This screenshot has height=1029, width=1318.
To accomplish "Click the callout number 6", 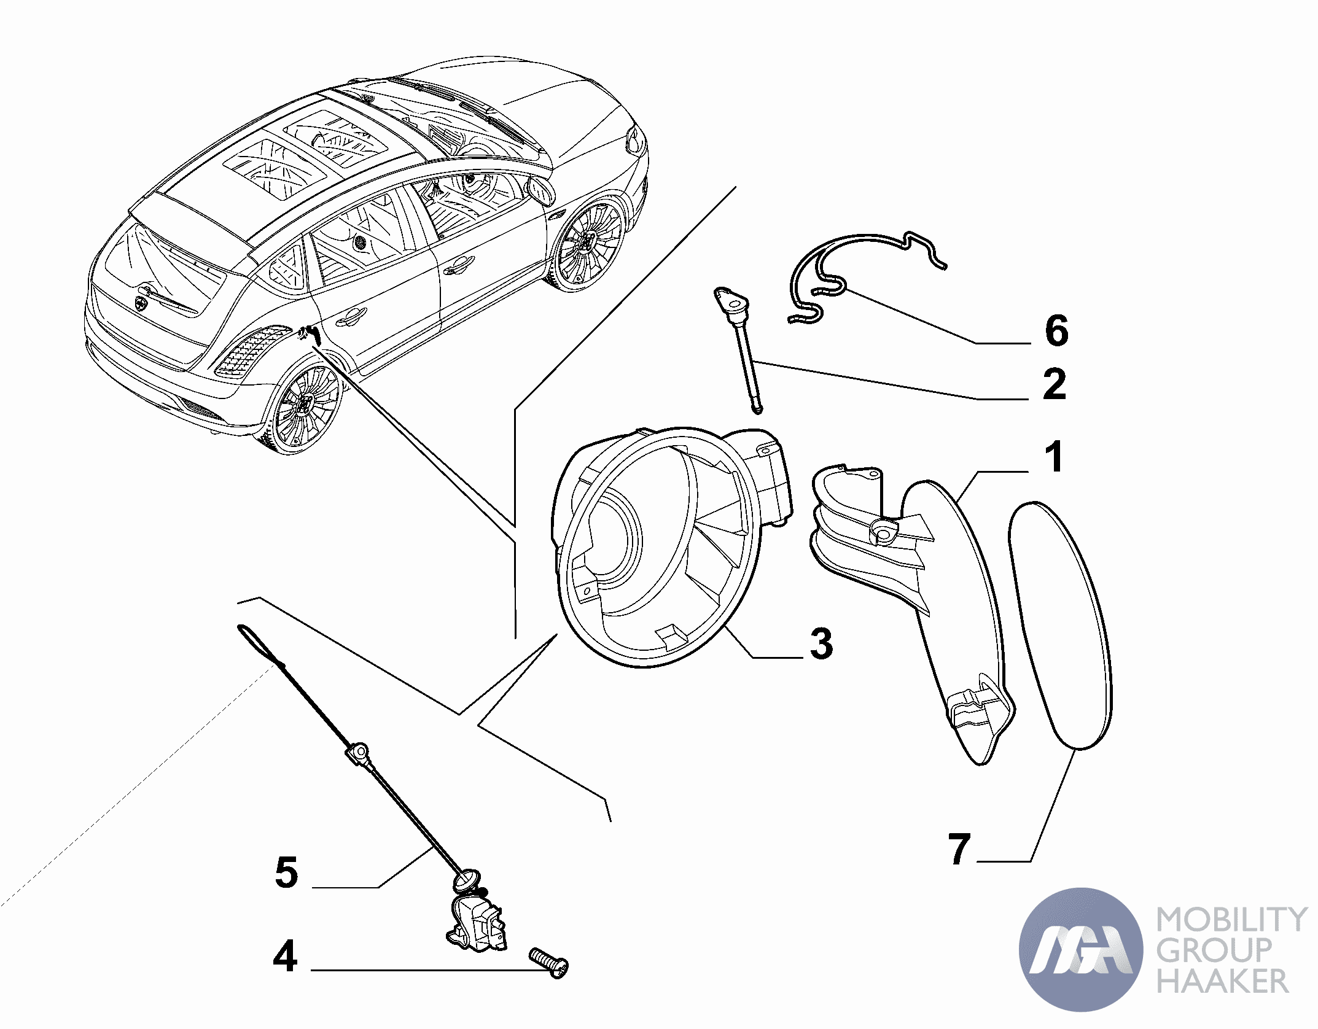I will tap(1056, 331).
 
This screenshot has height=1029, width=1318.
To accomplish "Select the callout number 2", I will tap(1055, 385).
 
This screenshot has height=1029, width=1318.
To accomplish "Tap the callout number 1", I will tap(1054, 457).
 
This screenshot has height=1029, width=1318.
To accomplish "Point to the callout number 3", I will tap(821, 643).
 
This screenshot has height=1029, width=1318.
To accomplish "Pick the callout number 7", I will tap(959, 849).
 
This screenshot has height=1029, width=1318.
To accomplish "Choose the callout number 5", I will tap(286, 872).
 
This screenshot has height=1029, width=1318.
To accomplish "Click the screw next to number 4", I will tap(549, 961).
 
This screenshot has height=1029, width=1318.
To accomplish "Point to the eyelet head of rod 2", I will tap(730, 301).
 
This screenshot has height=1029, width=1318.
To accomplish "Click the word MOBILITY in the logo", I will tap(1231, 920).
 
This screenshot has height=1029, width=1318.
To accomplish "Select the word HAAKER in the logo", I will tap(1222, 981).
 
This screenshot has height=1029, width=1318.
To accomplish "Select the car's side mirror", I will tap(540, 191).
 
